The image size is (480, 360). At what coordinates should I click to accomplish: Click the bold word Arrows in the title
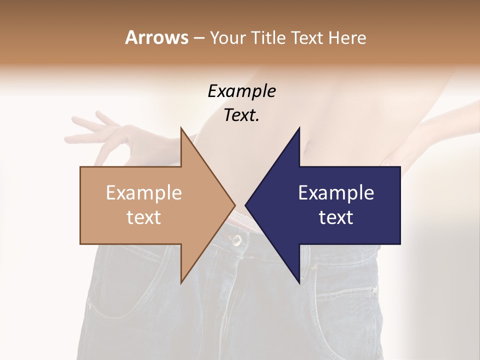click(156, 37)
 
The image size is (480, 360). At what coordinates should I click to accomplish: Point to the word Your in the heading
click(227, 38)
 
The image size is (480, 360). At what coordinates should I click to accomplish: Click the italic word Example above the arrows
click(241, 91)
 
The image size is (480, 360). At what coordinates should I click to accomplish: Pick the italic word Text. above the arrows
click(241, 115)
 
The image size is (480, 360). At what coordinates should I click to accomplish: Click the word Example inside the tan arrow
click(144, 193)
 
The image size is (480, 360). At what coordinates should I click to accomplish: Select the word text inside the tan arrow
click(144, 217)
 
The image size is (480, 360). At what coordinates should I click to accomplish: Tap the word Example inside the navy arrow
click(336, 193)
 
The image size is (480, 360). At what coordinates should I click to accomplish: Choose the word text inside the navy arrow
click(336, 217)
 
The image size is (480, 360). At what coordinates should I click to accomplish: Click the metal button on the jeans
click(235, 240)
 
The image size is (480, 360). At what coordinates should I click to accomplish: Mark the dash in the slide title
click(198, 38)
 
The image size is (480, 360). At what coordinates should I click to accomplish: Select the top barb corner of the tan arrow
click(181, 128)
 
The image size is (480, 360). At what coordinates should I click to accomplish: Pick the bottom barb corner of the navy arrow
click(299, 282)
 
